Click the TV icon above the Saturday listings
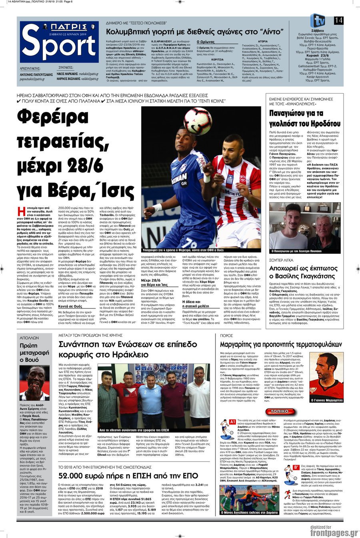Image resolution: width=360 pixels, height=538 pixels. pos(317,20)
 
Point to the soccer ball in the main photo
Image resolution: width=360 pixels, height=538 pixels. pos(197,120)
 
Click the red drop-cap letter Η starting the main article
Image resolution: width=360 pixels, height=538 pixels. pos(22,211)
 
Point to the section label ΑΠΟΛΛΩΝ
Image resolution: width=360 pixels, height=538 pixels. pos(29,337)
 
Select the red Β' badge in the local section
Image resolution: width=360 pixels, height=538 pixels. pos(296,467)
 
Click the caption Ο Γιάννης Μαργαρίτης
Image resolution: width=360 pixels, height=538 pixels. pos(326,400)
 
